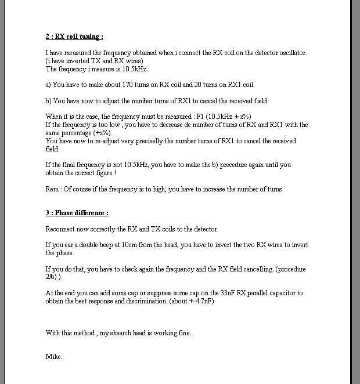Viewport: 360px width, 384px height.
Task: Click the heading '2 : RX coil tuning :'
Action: tap(74, 37)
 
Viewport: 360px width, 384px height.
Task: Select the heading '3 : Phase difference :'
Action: tap(77, 213)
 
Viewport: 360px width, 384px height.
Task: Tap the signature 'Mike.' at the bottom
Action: tap(54, 357)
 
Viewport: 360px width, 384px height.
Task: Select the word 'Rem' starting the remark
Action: tap(51, 189)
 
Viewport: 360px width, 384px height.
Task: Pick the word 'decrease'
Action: tap(190, 125)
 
